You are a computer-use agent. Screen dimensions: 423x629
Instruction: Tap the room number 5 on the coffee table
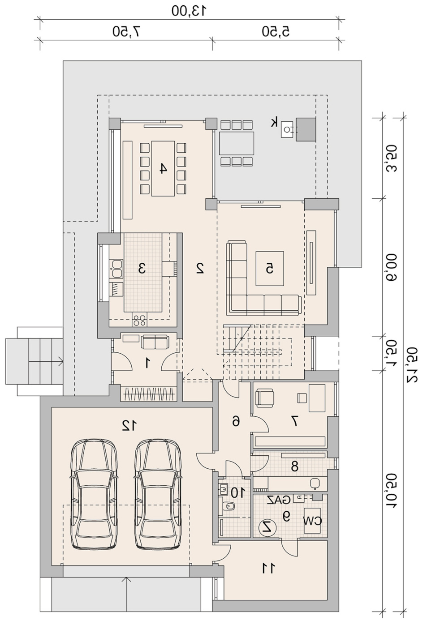[270, 269]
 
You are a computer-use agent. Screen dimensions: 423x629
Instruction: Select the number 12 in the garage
[129, 426]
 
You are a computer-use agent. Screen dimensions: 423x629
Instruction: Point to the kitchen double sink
[117, 269]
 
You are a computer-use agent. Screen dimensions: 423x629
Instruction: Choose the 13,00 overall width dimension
[189, 11]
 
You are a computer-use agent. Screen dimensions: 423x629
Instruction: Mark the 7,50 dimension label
[126, 31]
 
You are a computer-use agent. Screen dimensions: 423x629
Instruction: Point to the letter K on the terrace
[274, 123]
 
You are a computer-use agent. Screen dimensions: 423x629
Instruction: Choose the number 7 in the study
[294, 429]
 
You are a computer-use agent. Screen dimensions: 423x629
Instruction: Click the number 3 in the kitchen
[142, 269]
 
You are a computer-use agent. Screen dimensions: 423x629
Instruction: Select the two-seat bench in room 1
[155, 342]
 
